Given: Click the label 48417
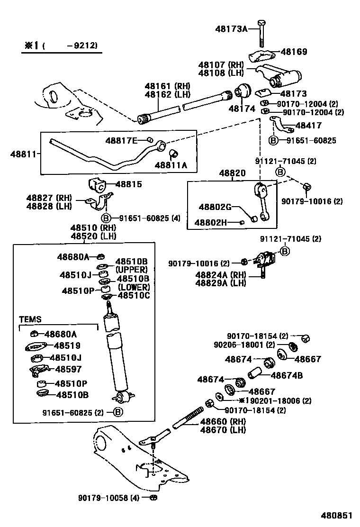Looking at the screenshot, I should (x=308, y=126).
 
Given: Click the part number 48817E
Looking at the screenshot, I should (x=121, y=140).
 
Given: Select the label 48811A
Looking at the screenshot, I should (x=171, y=165).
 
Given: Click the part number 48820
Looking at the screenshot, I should (x=232, y=174).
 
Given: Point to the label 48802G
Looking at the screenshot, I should (x=215, y=207).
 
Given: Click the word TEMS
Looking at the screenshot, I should (x=30, y=319).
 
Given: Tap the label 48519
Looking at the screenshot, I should (x=67, y=346).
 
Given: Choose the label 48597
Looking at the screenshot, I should (x=68, y=369).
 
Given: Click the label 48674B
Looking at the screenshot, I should (x=287, y=375).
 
